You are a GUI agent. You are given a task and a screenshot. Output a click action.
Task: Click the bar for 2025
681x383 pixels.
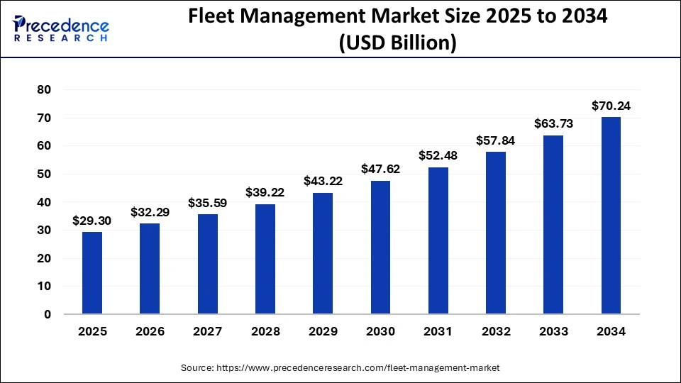tap(92, 273)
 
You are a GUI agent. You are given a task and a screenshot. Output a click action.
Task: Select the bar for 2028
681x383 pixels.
tap(265, 259)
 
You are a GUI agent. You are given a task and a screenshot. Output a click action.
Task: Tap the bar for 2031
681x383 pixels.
tap(438, 240)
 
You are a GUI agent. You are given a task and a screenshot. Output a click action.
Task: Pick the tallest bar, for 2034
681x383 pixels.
tap(611, 216)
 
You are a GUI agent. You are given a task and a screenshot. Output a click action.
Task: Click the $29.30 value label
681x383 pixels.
tap(92, 221)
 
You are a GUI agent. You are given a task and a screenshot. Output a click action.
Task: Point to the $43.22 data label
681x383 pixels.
tap(323, 182)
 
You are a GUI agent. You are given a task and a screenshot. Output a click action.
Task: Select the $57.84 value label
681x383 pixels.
tap(496, 140)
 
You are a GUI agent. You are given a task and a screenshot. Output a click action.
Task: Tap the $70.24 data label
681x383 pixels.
tap(611, 106)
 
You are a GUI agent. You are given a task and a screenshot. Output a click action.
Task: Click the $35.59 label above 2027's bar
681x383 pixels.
tap(208, 203)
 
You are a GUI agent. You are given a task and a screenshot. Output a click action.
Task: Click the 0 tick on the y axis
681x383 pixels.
tap(47, 314)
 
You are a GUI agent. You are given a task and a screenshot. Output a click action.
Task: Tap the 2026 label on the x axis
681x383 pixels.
tap(150, 331)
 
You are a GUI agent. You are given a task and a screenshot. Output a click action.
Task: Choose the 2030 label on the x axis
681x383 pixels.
tap(380, 331)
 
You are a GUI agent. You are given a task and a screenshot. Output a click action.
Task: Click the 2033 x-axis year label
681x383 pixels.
tap(553, 331)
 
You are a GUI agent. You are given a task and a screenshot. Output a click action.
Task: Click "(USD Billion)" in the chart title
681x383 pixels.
tap(397, 43)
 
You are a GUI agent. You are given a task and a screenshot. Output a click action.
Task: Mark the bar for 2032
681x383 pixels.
tap(496, 233)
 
